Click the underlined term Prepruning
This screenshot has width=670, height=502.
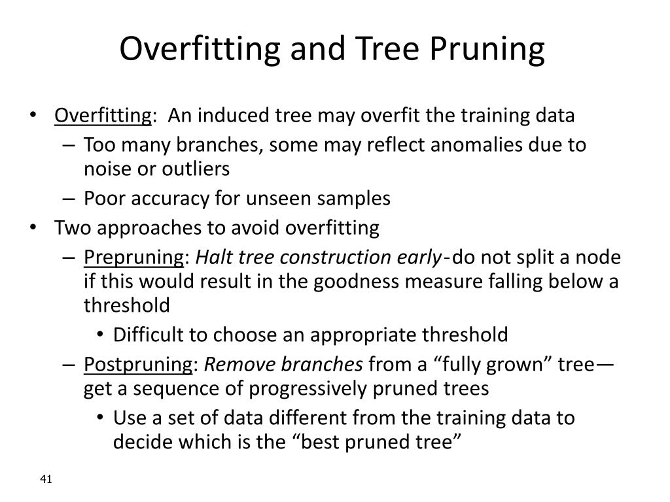click(x=134, y=258)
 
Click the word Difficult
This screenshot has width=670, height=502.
click(x=149, y=335)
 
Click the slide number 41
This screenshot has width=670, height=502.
click(x=46, y=480)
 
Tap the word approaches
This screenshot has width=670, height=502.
click(x=134, y=228)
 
